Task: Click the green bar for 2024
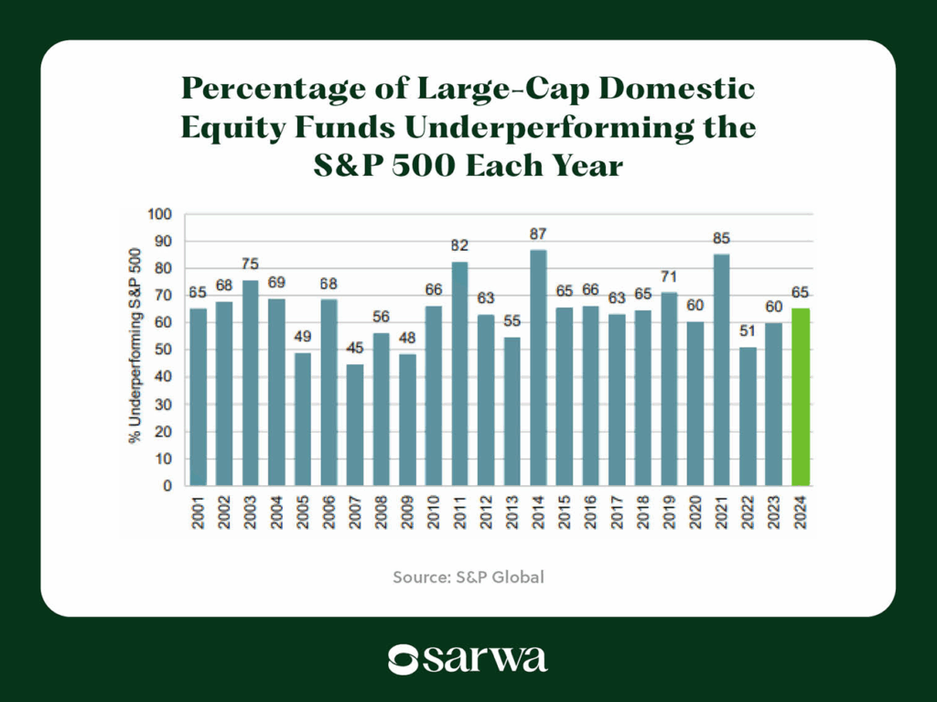point(801,397)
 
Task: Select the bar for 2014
point(539,367)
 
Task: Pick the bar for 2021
point(722,370)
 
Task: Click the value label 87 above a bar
point(539,234)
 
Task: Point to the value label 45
point(355,349)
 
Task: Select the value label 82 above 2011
point(460,246)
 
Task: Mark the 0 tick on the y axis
point(167,486)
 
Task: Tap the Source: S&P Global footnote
point(468,578)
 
